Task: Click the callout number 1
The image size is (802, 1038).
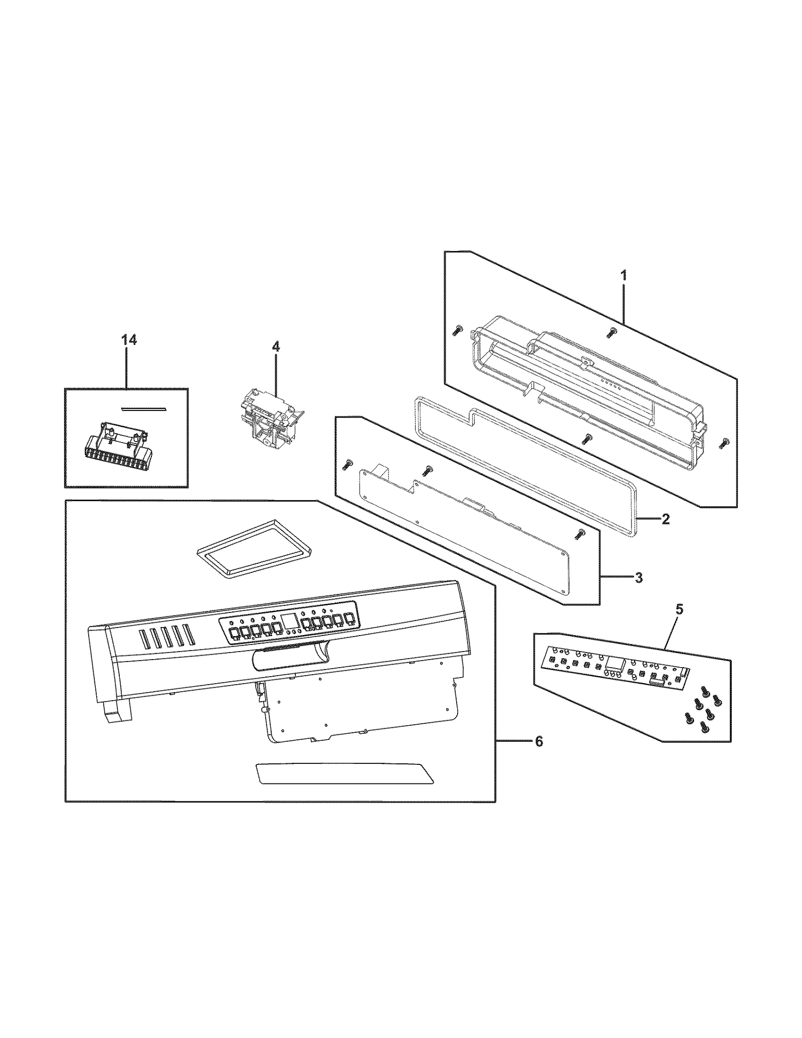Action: click(x=624, y=276)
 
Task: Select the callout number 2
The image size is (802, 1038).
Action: click(x=665, y=519)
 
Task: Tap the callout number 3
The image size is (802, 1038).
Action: click(x=638, y=578)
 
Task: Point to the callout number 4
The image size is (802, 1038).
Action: click(x=276, y=346)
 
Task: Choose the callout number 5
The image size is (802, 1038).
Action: click(x=679, y=609)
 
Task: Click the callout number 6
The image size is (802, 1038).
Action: click(x=538, y=755)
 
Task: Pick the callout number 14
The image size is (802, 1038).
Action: click(x=129, y=340)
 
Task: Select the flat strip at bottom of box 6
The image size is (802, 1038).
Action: click(x=344, y=787)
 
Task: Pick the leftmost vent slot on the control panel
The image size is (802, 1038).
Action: click(x=142, y=638)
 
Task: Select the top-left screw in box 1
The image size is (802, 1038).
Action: click(x=457, y=330)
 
